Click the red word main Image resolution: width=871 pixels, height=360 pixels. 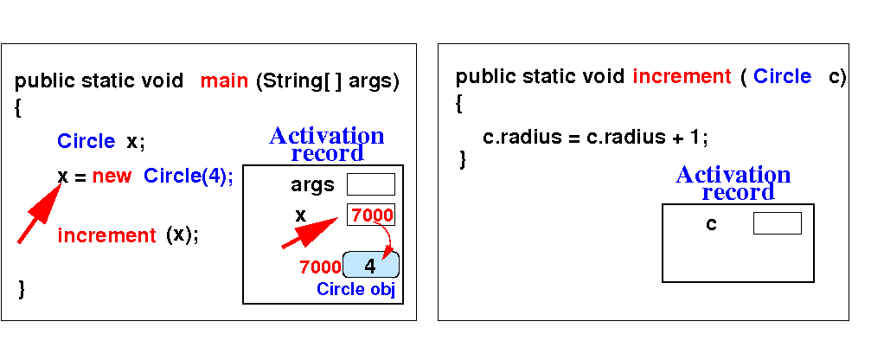224,81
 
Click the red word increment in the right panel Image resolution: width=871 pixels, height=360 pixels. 682,76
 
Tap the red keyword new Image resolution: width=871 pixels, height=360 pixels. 112,177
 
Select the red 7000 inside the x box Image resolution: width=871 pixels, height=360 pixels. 372,215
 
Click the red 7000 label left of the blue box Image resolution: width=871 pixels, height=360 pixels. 320,267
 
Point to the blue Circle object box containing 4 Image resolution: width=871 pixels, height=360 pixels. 371,265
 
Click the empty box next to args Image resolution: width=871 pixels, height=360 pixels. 371,184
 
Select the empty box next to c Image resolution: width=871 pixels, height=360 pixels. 777,223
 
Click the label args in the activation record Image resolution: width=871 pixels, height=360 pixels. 313,185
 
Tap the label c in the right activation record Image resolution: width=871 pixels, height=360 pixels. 711,224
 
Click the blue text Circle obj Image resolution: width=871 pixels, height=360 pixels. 355,289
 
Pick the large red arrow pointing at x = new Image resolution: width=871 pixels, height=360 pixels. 39,214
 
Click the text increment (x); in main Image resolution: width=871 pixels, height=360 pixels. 128,235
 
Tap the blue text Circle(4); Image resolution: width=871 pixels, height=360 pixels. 189,177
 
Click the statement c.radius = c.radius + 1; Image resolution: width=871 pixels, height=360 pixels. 595,138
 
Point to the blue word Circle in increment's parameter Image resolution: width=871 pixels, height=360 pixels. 782,76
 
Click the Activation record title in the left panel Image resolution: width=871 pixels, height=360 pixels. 327,144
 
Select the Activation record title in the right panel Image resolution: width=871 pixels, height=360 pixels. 733,183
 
